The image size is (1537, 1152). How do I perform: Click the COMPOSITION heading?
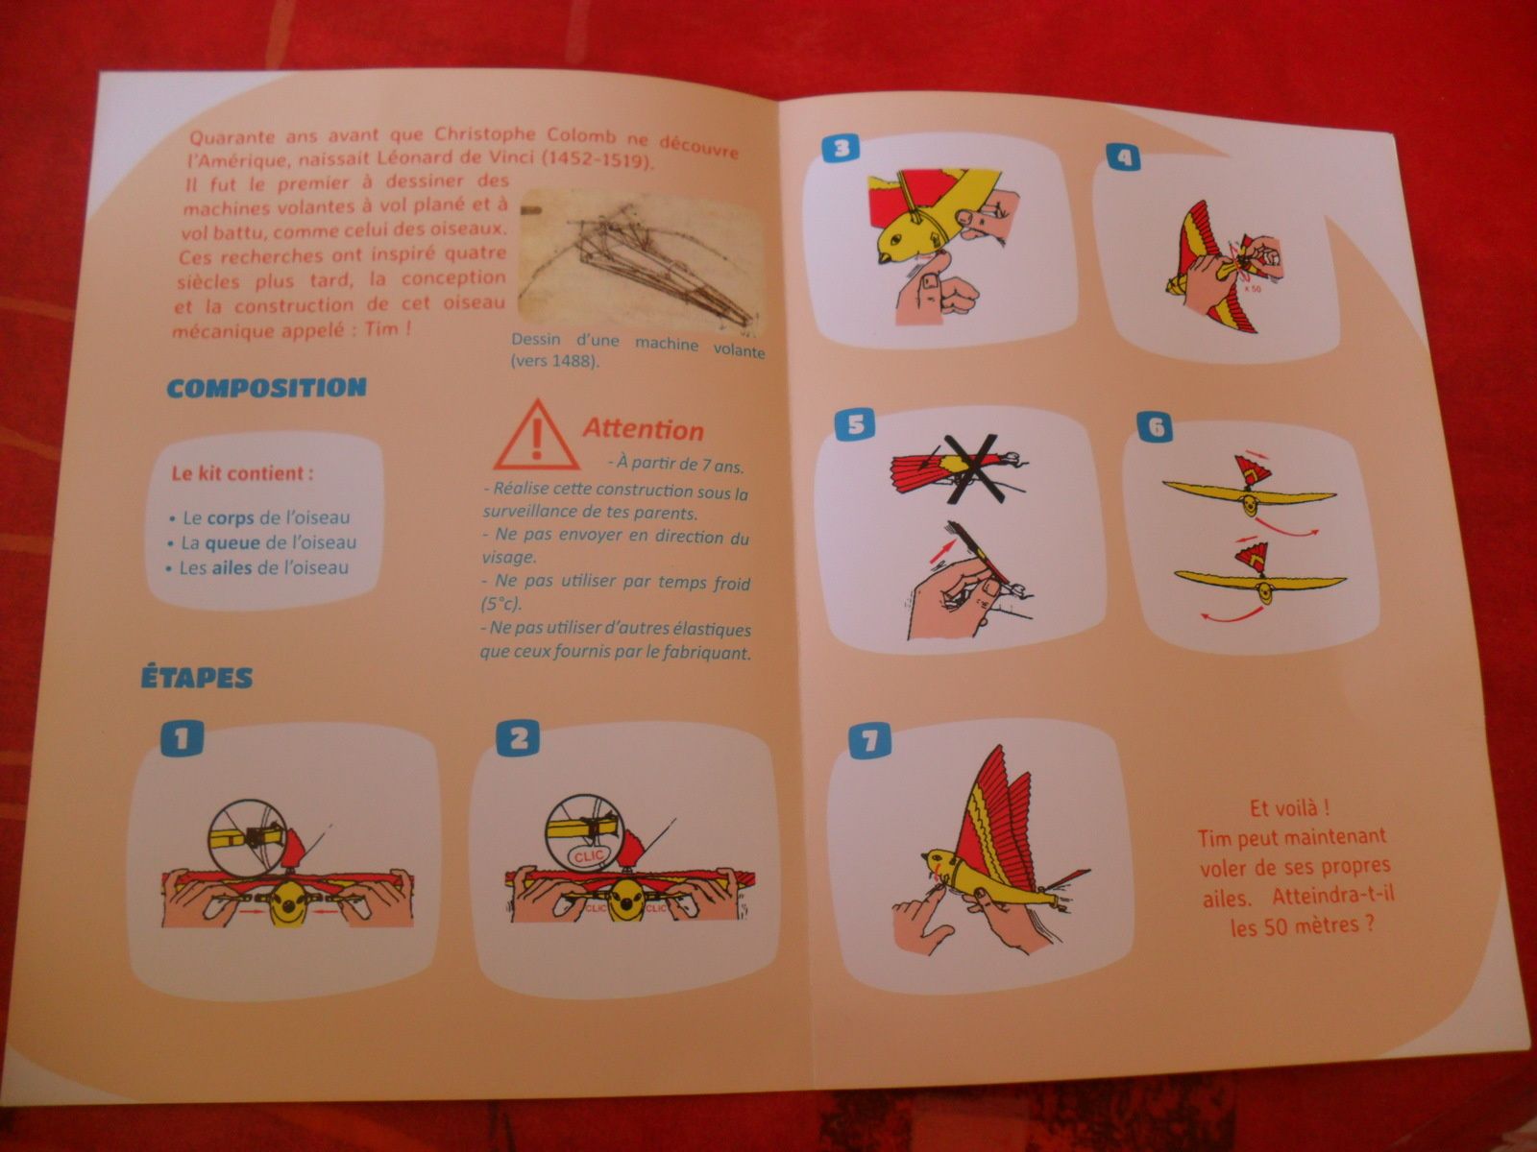266,388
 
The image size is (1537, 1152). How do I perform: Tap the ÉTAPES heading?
197,678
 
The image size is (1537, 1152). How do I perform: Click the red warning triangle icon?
537,436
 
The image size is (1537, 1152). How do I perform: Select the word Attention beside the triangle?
643,429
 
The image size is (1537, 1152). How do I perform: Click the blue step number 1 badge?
182,737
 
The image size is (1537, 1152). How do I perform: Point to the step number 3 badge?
842,148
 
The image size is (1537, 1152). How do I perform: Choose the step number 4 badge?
1124,156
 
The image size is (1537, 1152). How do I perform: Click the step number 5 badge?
854,424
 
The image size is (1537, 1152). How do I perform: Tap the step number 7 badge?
870,740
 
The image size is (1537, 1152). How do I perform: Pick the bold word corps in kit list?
231,517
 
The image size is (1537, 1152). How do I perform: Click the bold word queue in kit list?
232,542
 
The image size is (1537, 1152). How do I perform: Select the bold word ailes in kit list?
232,567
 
